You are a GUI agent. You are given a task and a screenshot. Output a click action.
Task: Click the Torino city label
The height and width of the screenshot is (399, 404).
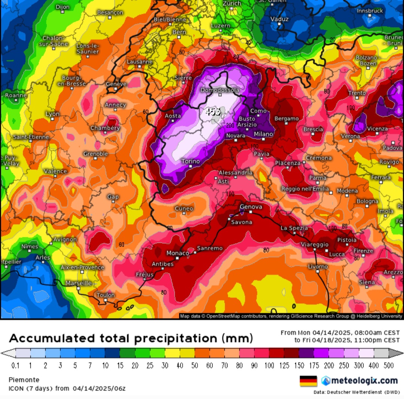190,161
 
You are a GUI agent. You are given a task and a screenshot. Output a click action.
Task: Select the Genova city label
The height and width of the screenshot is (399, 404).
251,207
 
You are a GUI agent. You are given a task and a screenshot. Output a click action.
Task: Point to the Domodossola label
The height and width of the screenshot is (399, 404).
220,90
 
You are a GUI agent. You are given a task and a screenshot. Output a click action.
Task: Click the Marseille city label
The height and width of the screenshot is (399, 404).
79,284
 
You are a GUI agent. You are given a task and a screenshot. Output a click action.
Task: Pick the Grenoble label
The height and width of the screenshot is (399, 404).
95,154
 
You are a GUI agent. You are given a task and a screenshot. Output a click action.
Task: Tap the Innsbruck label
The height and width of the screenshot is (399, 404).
370,11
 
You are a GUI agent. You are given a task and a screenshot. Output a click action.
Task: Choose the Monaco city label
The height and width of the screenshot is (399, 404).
177,253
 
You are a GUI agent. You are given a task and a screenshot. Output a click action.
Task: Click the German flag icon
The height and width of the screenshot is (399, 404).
308,381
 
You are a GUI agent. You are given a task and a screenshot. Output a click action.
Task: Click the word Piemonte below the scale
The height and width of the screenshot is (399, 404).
24,380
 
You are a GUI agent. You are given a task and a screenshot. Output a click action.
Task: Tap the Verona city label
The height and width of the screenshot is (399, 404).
351,136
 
